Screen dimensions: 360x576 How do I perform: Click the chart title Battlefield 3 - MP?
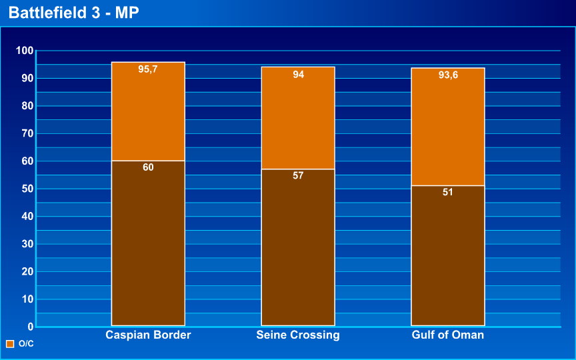point(74,13)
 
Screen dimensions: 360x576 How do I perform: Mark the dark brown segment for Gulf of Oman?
point(448,257)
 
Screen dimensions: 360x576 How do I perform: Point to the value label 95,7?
point(148,69)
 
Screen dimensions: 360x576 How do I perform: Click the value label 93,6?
point(448,75)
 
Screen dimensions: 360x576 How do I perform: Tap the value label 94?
point(298,75)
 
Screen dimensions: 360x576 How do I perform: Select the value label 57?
point(298,176)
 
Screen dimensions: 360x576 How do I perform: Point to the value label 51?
point(448,192)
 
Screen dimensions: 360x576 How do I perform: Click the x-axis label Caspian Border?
point(148,335)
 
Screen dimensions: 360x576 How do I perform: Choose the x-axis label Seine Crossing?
point(298,335)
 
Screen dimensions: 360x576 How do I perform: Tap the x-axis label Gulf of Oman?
point(448,335)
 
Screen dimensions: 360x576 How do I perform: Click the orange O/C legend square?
point(10,344)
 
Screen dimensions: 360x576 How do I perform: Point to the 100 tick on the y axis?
point(25,51)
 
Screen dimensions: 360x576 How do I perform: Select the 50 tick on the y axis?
point(27,189)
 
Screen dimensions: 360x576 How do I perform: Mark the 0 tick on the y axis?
point(30,327)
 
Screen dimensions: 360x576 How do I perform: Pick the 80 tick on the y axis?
point(27,106)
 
